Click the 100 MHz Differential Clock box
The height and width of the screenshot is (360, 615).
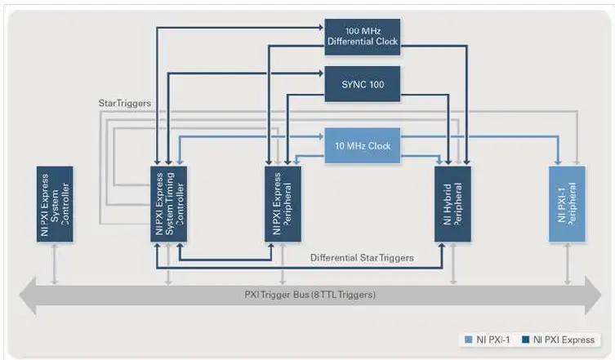pos(363,37)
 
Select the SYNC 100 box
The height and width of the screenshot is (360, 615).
pos(363,84)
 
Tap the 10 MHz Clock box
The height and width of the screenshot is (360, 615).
pos(363,146)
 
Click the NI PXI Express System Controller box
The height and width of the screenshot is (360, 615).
pos(55,203)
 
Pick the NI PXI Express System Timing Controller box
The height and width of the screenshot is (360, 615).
pos(169,203)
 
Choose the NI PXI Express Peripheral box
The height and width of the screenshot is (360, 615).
pos(283,203)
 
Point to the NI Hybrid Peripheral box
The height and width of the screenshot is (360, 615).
pos(453,203)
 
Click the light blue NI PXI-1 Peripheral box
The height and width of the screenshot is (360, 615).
pos(567,203)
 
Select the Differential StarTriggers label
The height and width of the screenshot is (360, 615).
pos(361,258)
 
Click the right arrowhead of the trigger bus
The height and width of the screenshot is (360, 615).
pos(596,294)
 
